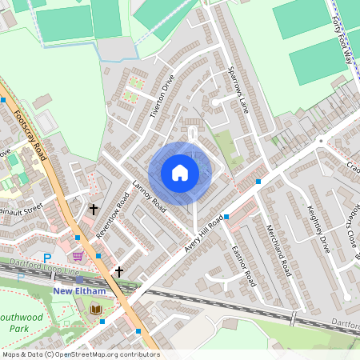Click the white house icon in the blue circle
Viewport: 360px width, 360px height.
tap(180, 172)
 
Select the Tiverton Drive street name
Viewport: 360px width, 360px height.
tap(162, 97)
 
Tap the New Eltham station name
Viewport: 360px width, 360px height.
tap(79, 290)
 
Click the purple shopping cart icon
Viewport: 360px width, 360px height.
tap(78, 256)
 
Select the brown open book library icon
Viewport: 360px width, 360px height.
tap(96, 309)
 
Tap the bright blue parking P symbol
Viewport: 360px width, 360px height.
tap(46, 258)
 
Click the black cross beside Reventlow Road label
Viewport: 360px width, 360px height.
tap(94, 210)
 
